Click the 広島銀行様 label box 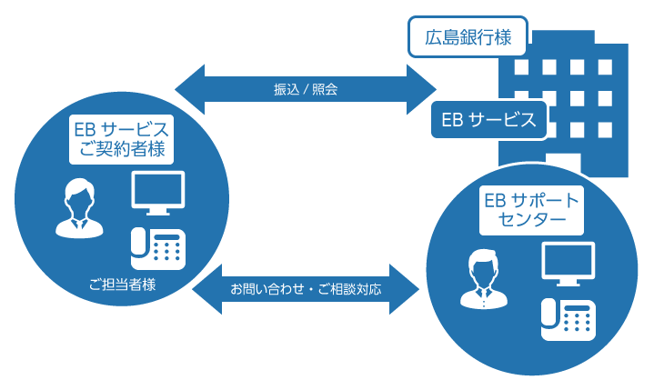click(x=468, y=36)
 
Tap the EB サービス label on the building click(x=488, y=120)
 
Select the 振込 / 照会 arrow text click(x=306, y=89)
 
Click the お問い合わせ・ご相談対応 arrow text click(x=306, y=289)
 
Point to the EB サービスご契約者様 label click(x=121, y=140)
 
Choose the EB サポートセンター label click(x=531, y=210)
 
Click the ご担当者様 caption click(x=122, y=285)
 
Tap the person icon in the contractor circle click(x=79, y=208)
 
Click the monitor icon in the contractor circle click(x=158, y=193)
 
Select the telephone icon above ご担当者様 click(x=158, y=249)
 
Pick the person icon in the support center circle click(x=484, y=279)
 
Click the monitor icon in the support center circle click(x=568, y=264)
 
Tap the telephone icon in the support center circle click(x=568, y=320)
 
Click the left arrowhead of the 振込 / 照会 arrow click(x=190, y=89)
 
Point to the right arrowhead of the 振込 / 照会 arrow click(x=422, y=89)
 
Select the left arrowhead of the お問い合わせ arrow click(x=206, y=289)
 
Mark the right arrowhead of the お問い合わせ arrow click(x=405, y=289)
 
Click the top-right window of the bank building click(x=605, y=67)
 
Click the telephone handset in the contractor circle click(x=138, y=243)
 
